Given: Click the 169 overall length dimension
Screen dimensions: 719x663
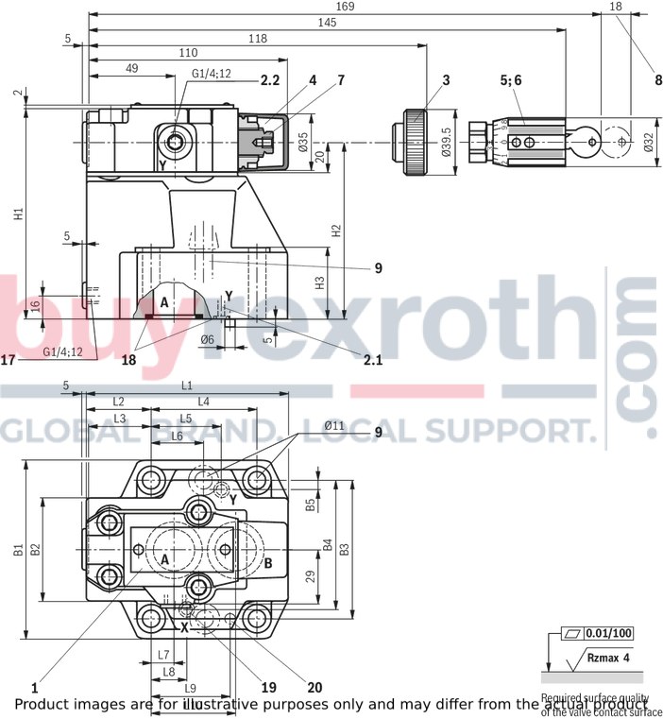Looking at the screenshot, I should [346, 7].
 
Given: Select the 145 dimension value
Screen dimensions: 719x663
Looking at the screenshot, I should [327, 22].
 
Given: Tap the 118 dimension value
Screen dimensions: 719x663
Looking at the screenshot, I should [256, 38].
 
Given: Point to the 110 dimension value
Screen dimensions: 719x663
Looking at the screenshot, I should [187, 53].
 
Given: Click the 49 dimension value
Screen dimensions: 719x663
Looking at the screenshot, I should [131, 68].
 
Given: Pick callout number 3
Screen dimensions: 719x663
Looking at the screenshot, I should [446, 81].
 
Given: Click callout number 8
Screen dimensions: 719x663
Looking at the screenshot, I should [657, 81].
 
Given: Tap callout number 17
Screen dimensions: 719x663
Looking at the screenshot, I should [8, 359].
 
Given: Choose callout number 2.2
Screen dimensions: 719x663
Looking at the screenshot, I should [270, 81].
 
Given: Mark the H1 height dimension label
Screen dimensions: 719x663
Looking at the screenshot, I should [18, 214].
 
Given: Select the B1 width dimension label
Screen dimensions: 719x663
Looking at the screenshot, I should [18, 549].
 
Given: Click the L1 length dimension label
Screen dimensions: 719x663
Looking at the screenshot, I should [186, 385].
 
